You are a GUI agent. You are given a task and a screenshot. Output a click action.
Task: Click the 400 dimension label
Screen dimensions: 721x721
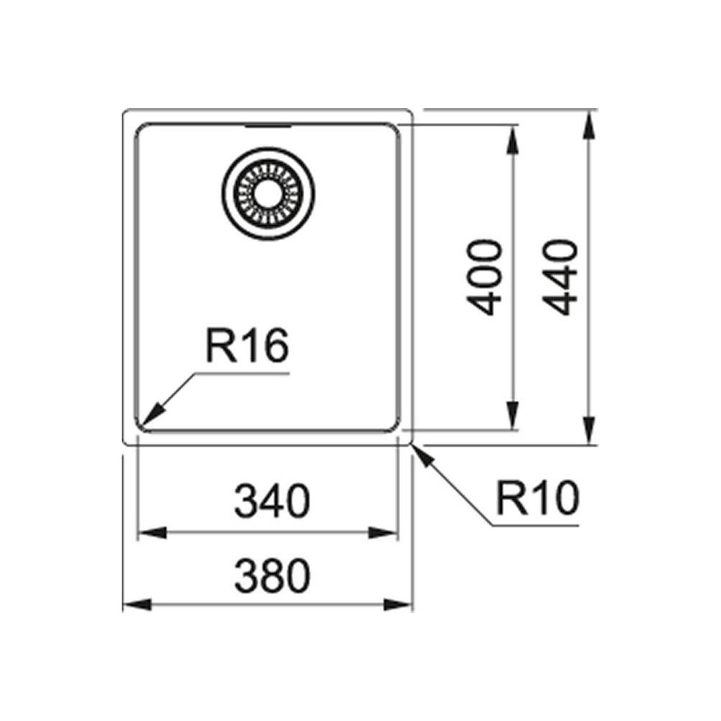click(483, 278)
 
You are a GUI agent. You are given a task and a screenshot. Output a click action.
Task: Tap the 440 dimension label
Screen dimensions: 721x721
click(560, 278)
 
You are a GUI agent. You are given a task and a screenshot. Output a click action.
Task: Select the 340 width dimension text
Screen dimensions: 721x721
click(273, 501)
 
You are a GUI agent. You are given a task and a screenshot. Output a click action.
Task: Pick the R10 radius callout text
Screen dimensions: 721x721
click(538, 497)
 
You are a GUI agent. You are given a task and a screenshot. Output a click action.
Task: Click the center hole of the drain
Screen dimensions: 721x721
click(267, 193)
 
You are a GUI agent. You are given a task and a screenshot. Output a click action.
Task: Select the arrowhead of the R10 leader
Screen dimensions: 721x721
click(424, 456)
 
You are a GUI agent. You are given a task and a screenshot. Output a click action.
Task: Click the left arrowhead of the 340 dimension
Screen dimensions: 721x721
click(152, 534)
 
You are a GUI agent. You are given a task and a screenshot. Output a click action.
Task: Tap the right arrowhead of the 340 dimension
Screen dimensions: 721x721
click(383, 534)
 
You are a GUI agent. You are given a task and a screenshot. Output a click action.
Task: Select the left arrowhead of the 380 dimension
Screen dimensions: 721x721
click(138, 605)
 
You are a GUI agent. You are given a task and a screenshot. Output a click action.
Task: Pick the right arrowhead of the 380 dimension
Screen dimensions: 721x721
click(398, 605)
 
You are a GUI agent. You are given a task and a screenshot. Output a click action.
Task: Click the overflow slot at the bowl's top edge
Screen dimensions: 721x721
click(267, 125)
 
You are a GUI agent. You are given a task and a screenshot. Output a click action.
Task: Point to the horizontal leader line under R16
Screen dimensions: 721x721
click(242, 373)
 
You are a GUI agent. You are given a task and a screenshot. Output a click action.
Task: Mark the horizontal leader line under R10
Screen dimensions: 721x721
click(535, 525)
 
